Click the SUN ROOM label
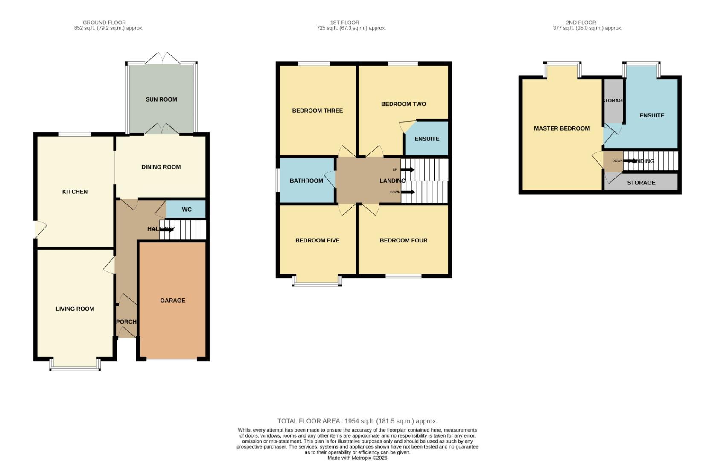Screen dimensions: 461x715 161,99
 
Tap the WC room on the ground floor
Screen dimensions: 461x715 187,210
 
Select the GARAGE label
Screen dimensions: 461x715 172,301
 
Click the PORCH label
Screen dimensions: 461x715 126,322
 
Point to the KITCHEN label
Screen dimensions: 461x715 75,192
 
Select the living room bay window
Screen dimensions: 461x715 75,366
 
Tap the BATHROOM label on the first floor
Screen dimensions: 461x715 306,181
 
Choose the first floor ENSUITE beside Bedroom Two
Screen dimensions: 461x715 426,139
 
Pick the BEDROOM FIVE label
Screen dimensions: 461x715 317,241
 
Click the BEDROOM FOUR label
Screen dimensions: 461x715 403,241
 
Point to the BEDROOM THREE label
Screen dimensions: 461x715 317,111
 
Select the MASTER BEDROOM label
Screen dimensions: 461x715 561,128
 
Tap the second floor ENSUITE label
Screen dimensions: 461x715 651,115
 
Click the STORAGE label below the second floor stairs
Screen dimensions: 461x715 641,183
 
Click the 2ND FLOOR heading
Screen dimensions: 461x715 581,23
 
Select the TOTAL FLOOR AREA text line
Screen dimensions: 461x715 357,421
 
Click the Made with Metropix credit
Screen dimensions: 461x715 357,458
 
